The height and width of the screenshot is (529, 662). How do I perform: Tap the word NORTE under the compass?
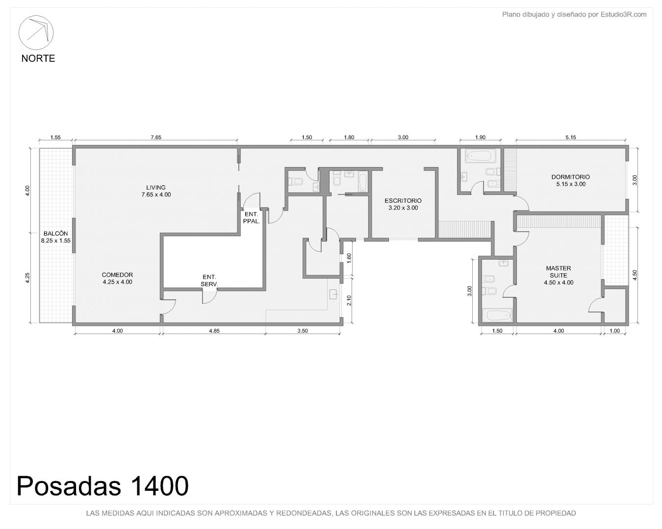tap(38, 58)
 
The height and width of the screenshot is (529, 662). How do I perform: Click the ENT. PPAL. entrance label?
tap(252, 217)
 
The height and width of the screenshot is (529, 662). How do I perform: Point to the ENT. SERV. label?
tap(209, 281)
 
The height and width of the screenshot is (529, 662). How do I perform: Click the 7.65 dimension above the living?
tap(156, 138)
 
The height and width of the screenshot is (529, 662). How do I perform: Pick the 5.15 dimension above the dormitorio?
tap(571, 138)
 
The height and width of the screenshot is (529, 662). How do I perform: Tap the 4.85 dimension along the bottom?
tap(214, 331)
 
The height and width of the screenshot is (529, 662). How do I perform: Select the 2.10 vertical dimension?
tap(349, 300)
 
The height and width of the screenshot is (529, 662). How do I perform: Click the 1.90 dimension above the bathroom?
tap(480, 138)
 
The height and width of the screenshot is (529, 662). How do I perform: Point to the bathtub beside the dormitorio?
tap(481, 156)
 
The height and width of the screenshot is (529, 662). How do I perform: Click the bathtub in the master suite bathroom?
tap(497, 315)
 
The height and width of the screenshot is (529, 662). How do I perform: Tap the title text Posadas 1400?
tap(102, 486)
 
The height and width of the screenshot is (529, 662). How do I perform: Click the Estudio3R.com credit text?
tap(624, 14)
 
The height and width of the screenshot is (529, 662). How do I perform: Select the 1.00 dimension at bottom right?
tap(614, 331)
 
